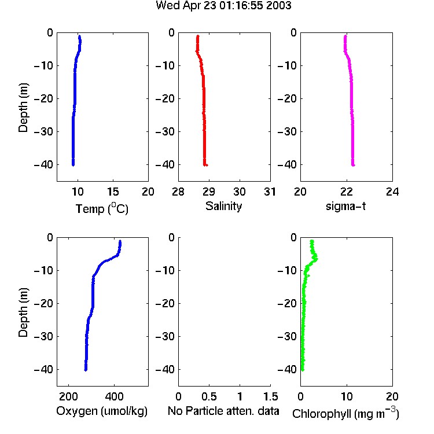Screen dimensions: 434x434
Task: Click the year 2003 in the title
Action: click(279, 6)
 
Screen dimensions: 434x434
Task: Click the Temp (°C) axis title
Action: click(102, 208)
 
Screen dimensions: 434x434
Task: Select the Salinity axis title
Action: click(223, 207)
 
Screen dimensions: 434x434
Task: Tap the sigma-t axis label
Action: click(345, 206)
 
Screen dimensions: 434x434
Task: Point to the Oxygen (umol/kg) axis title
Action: click(102, 411)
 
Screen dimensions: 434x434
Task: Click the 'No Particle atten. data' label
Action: click(223, 411)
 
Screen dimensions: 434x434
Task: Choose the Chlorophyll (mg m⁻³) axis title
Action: click(345, 413)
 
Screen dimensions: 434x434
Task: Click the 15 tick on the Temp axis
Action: click(113, 192)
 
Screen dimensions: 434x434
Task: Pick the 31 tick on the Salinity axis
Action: click(270, 192)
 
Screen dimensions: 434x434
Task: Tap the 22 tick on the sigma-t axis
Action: click(346, 192)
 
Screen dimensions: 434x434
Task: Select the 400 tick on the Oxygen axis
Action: click(114, 396)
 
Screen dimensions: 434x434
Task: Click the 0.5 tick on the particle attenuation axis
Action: click(209, 396)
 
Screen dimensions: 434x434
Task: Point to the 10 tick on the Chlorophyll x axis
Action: click(346, 396)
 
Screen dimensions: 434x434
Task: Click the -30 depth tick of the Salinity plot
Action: click(165, 131)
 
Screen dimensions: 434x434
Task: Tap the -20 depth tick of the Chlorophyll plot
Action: click(287, 303)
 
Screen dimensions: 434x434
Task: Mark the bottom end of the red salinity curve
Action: click(205, 165)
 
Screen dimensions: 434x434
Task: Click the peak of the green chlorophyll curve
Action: click(317, 259)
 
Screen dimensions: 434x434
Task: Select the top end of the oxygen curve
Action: click(120, 241)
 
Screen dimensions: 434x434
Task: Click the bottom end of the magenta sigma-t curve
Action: click(353, 165)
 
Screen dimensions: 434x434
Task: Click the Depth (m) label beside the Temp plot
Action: click(23, 108)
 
